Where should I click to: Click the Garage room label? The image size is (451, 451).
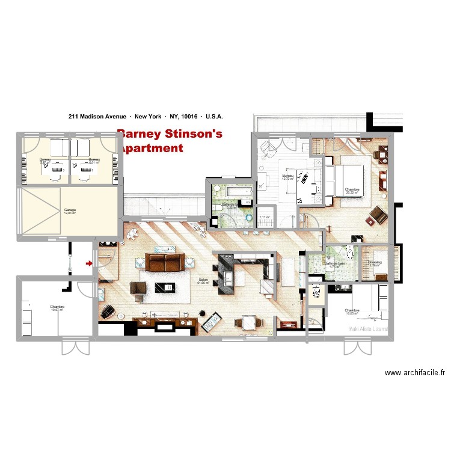[x=70, y=210]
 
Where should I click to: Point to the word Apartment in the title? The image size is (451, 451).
[x=152, y=148]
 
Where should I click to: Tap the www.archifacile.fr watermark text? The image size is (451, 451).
[x=416, y=373]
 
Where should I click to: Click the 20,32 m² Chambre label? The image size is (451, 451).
[x=352, y=191]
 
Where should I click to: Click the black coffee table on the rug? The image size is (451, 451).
[x=163, y=285]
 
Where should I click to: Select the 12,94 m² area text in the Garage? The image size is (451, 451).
[x=71, y=213]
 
